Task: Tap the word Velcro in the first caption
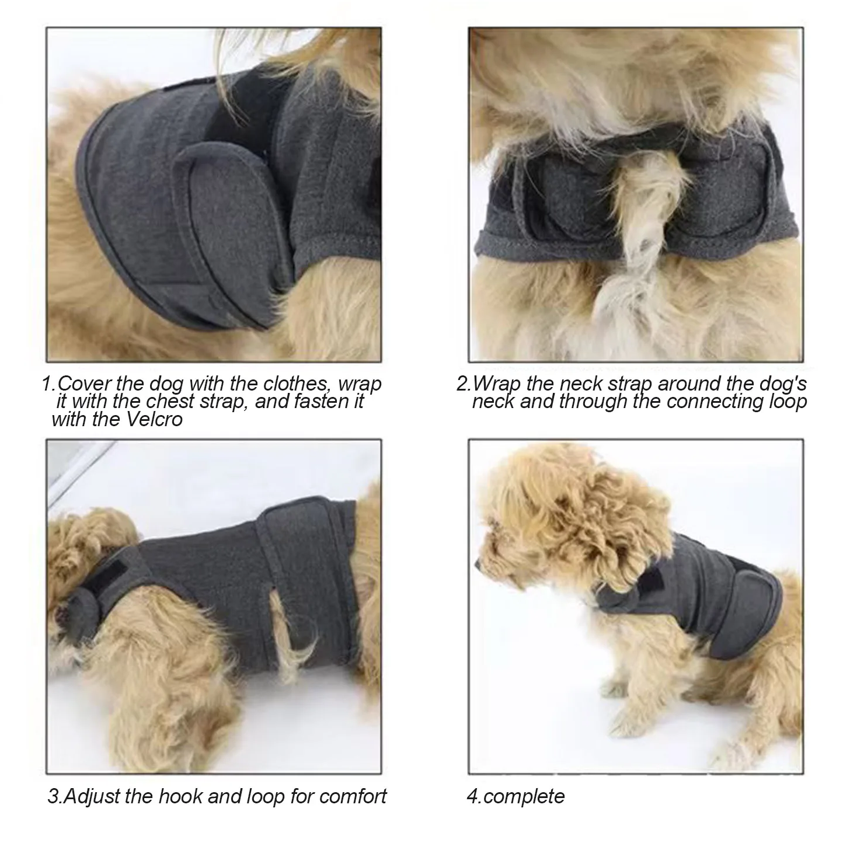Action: [155, 420]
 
